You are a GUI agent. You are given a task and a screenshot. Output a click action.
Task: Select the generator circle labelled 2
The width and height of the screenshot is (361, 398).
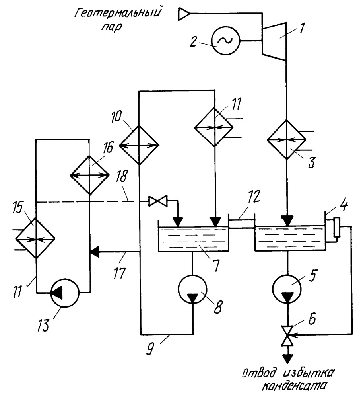click(x=225, y=40)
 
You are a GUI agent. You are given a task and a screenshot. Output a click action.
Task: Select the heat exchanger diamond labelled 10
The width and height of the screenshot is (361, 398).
click(x=139, y=146)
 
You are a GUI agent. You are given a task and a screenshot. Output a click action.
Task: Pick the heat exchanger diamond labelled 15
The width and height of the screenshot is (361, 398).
click(x=35, y=238)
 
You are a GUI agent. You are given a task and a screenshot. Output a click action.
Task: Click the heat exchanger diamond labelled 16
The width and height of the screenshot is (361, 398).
click(x=89, y=175)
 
